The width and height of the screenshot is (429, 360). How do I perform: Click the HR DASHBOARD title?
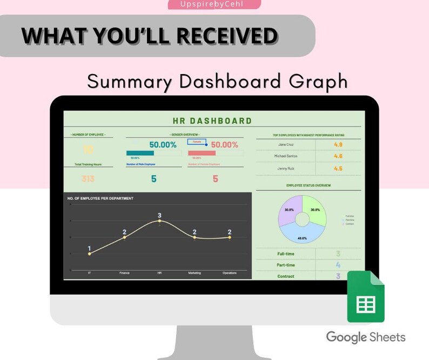coord(212,121)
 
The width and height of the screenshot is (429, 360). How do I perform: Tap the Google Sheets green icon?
coord(365,296)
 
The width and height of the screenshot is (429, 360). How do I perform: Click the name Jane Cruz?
coord(285,145)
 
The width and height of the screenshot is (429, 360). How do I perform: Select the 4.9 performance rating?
coord(338,145)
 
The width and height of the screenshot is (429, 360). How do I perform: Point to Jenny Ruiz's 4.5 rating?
coord(338,168)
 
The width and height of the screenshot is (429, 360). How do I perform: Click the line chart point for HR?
coord(159,221)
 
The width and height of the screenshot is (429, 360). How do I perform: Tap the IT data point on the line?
coord(89,254)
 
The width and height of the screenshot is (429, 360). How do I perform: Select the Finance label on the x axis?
coord(124,273)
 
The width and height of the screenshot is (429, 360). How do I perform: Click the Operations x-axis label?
coord(230,273)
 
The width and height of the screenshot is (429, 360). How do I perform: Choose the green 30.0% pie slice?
coord(315,210)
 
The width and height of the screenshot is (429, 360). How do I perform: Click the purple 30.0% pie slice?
coord(289,210)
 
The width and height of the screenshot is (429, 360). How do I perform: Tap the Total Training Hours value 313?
coord(88,179)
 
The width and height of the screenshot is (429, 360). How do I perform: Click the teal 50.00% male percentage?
coord(163,145)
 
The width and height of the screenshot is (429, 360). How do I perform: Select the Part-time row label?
coord(286,265)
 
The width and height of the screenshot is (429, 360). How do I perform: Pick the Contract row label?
coord(286,276)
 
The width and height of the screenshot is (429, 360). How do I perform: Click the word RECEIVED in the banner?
coord(227,36)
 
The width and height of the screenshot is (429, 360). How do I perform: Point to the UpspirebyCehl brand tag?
coord(214,4)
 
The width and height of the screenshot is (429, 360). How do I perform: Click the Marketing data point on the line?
coord(195,237)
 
